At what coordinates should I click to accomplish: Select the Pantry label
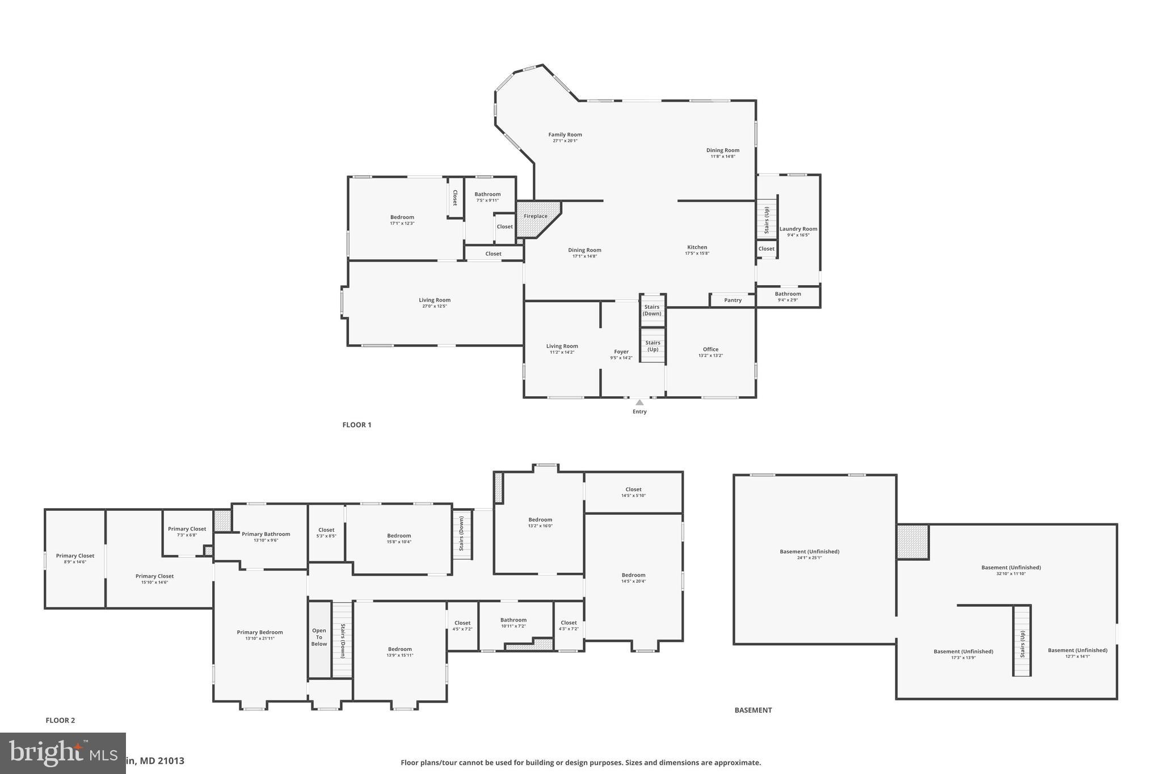click(x=732, y=300)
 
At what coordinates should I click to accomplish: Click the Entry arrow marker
click(x=639, y=403)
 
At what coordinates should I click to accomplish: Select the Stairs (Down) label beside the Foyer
click(x=652, y=310)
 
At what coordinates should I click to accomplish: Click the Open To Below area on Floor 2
click(x=319, y=637)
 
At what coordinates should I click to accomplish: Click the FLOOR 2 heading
click(x=60, y=721)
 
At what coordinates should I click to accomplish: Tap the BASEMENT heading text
click(x=753, y=710)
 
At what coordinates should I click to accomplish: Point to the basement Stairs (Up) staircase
click(x=1022, y=641)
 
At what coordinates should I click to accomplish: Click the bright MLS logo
click(x=62, y=753)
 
